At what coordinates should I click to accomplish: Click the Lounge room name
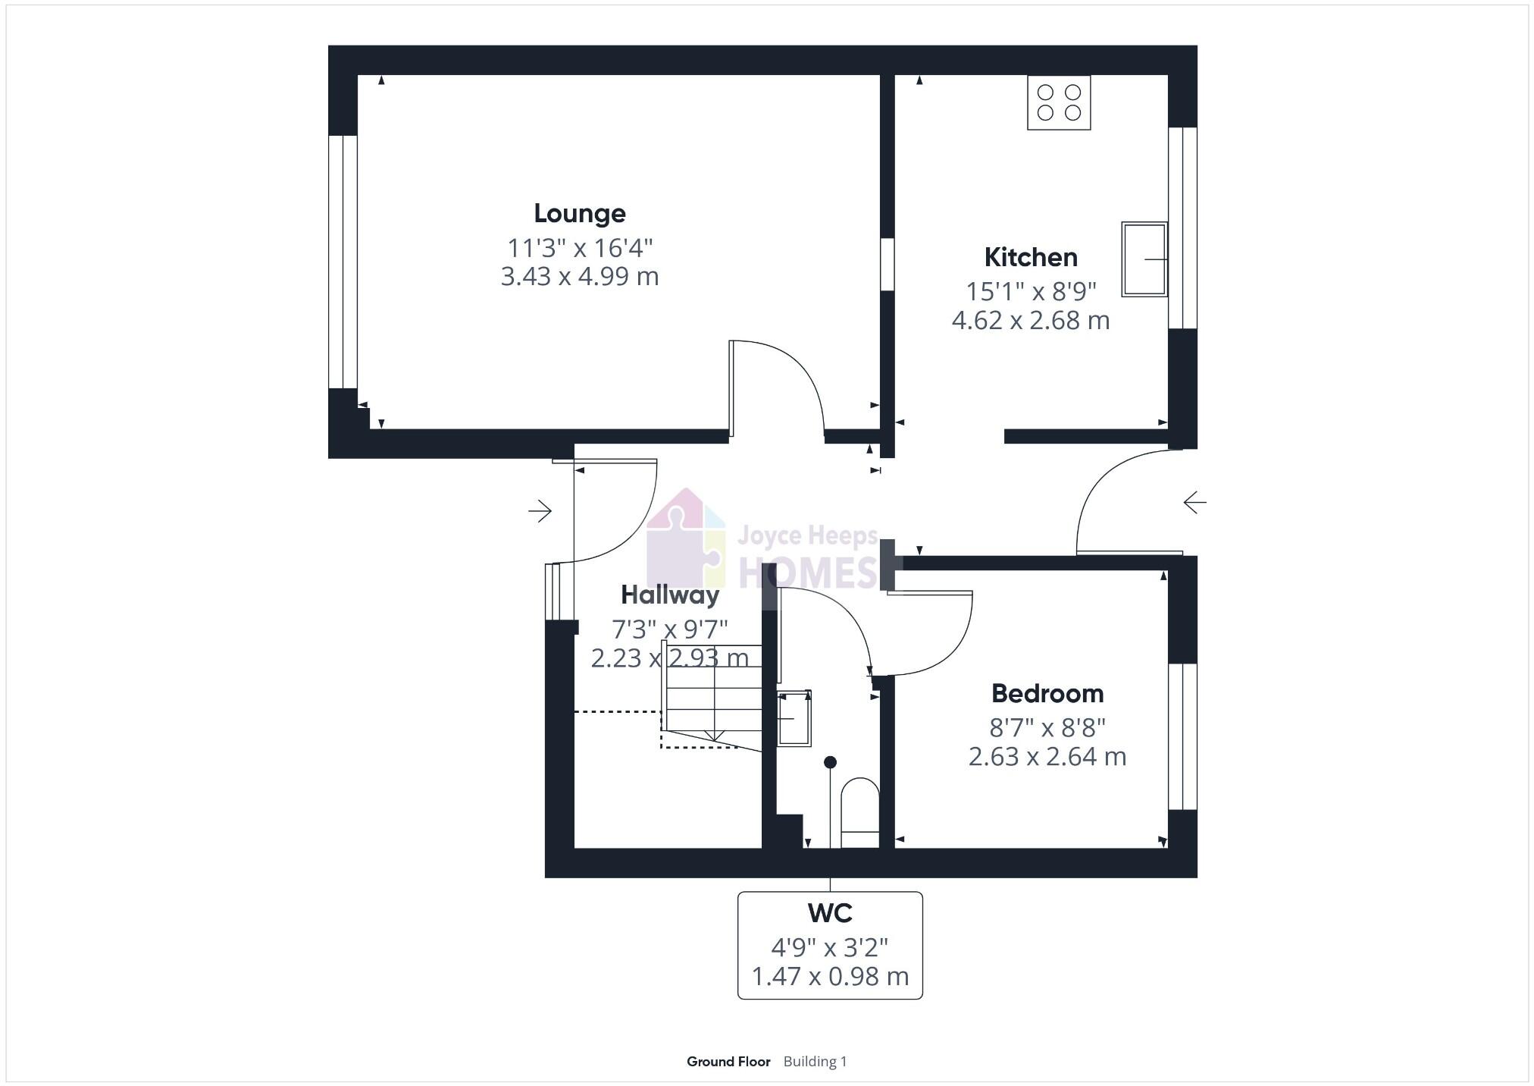point(580,214)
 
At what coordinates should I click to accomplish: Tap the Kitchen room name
point(1030,258)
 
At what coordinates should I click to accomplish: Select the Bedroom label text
point(1047,694)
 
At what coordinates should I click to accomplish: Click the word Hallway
point(669,595)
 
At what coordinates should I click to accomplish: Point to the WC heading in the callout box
point(830,913)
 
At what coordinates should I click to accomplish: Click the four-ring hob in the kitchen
point(1058,102)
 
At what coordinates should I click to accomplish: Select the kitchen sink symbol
point(1144,259)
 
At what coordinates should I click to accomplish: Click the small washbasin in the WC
point(794,717)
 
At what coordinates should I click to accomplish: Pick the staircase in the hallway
point(712,698)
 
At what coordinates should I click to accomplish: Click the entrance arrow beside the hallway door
point(540,511)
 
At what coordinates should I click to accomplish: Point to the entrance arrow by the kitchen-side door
point(1194,502)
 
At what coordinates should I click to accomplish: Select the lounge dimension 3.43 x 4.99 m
point(580,277)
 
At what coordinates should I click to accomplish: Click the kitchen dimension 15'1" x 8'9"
point(1030,291)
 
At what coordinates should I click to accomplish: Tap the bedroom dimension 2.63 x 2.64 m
point(1047,757)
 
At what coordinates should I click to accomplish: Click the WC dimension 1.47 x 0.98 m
point(830,977)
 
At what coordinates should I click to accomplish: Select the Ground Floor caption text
point(728,1062)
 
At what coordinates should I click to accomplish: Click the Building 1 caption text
point(815,1062)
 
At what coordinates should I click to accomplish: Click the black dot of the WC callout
point(830,762)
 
